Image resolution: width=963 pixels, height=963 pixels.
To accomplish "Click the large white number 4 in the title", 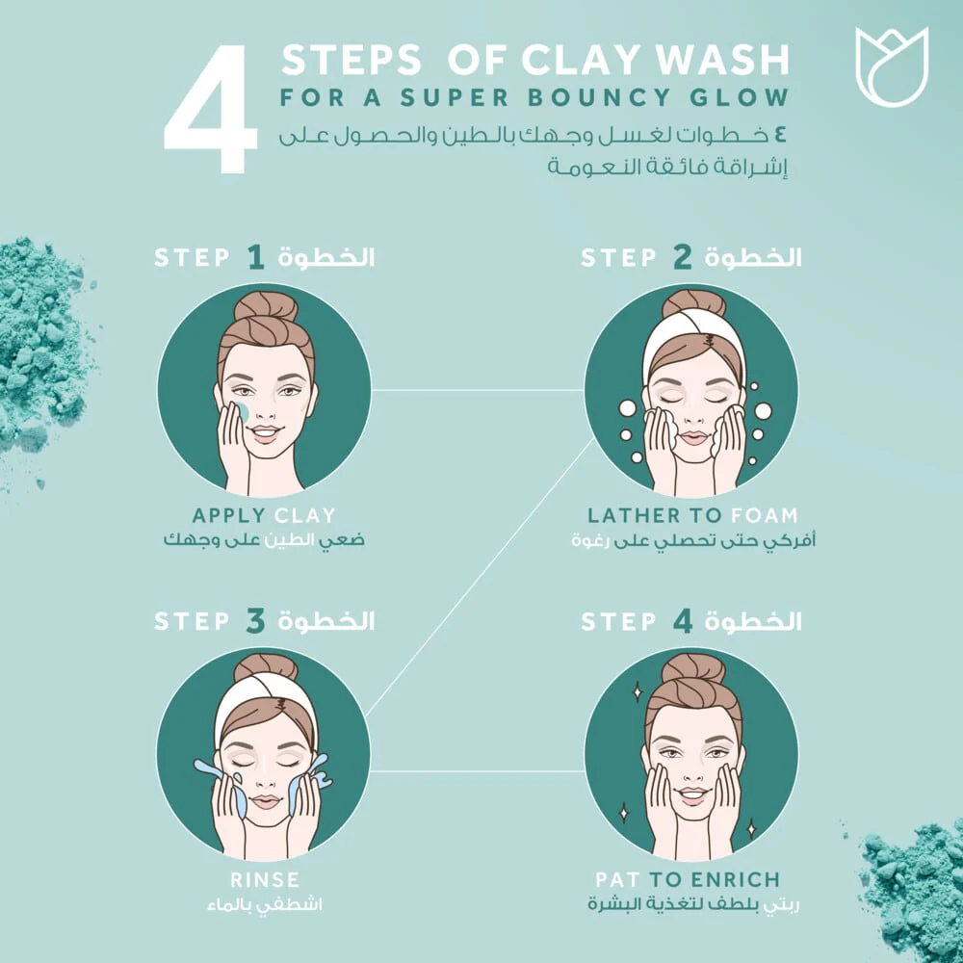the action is click(x=211, y=110).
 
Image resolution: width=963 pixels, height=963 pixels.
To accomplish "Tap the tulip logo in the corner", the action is click(x=892, y=66).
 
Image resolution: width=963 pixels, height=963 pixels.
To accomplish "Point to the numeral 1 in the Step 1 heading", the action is click(x=256, y=257).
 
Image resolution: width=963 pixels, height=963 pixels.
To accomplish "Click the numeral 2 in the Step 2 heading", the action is click(x=683, y=257).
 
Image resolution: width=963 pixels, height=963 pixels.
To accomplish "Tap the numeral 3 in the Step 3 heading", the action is click(x=255, y=621).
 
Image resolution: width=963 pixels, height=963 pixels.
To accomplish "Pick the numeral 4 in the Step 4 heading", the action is click(x=683, y=621).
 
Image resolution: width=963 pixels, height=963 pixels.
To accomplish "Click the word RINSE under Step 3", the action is click(x=265, y=879).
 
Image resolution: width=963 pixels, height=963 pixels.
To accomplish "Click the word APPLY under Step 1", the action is click(x=228, y=514).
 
